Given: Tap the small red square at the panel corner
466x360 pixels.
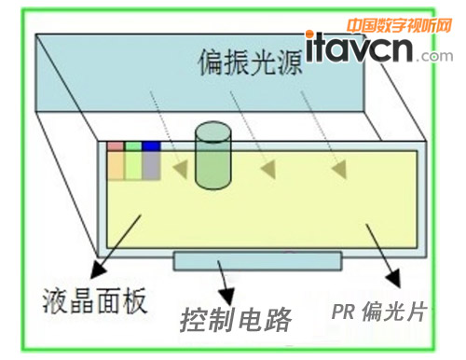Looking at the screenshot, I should (x=115, y=145).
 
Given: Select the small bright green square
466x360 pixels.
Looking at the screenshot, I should (x=133, y=145).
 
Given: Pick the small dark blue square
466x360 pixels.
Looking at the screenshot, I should (x=152, y=145).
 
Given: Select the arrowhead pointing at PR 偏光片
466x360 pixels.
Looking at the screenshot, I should (x=395, y=279).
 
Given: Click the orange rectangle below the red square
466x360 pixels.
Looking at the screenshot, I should (x=115, y=165).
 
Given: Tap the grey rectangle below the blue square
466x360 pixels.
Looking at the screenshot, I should (x=152, y=165).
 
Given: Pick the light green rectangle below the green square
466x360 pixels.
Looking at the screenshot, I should (x=133, y=165).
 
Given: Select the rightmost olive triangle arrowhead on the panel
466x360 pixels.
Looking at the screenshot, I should (x=337, y=171).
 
